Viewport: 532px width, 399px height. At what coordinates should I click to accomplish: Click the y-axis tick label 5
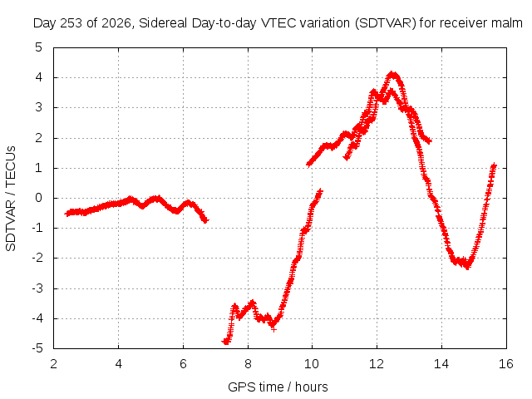(x=39, y=47)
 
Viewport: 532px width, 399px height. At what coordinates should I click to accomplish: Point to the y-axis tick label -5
(x=37, y=348)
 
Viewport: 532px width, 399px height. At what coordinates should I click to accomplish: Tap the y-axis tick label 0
(x=39, y=198)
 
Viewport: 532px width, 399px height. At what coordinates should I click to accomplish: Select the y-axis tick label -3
(x=37, y=288)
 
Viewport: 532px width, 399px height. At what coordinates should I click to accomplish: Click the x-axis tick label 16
(x=506, y=364)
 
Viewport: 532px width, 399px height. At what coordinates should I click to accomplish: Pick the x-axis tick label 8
(x=248, y=364)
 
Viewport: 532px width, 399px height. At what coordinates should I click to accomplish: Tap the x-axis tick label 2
(x=53, y=364)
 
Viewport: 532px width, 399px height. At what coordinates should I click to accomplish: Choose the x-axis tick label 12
(x=377, y=364)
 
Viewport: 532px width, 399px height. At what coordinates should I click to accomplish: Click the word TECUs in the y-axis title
(x=11, y=166)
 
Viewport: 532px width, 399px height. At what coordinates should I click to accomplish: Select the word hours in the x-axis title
(x=312, y=387)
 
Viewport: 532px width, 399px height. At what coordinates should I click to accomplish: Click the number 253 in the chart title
(x=71, y=23)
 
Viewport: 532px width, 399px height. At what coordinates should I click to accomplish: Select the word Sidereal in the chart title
(x=163, y=23)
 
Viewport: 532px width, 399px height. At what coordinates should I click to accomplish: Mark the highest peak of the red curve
(x=393, y=74)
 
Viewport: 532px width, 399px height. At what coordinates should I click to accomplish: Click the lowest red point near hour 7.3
(x=226, y=342)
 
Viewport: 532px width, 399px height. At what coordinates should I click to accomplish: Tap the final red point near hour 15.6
(x=494, y=165)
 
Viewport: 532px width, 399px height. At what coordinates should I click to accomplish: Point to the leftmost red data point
(x=67, y=214)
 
